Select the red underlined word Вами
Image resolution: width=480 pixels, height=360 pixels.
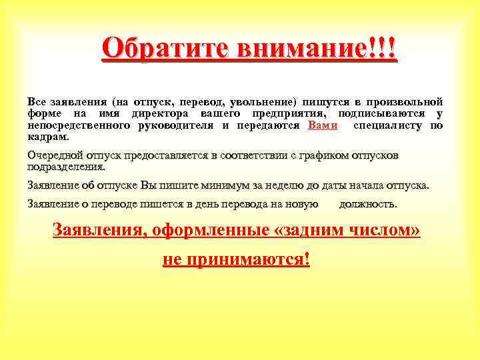pos(324,125)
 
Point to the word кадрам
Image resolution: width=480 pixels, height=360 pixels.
pos(47,137)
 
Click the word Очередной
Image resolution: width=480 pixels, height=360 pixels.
pos(54,156)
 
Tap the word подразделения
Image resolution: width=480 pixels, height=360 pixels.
pos(65,167)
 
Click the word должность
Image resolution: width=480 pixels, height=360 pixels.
pos(368,204)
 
